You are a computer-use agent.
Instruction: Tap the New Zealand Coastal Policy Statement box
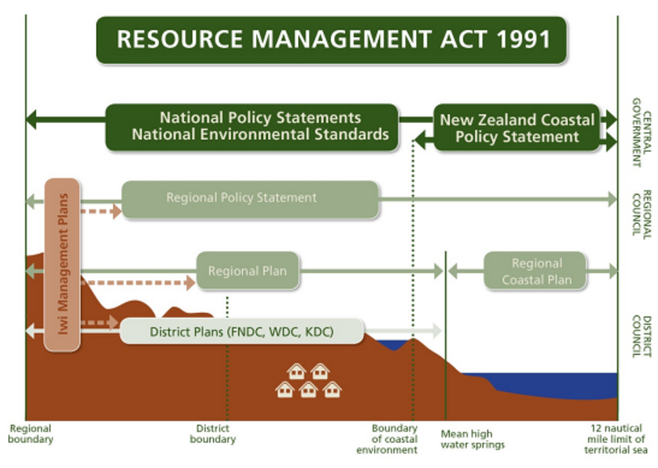tap(517, 128)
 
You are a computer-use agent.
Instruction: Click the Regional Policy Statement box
tap(250, 199)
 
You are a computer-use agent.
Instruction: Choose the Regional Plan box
tap(248, 271)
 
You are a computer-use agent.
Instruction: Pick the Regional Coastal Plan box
tap(535, 271)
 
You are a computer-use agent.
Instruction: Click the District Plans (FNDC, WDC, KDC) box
tap(242, 331)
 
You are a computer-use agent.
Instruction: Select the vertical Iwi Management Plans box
tap(62, 263)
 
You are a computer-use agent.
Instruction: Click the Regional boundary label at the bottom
tap(31, 434)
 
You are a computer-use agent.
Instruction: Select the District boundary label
tap(213, 434)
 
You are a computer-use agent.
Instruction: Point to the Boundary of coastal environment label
tap(395, 439)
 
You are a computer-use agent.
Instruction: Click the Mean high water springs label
tap(473, 439)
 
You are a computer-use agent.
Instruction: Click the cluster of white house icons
tap(309, 381)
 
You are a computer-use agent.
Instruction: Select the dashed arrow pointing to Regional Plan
tap(138, 282)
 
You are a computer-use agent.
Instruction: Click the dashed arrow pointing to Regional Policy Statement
tap(100, 211)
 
